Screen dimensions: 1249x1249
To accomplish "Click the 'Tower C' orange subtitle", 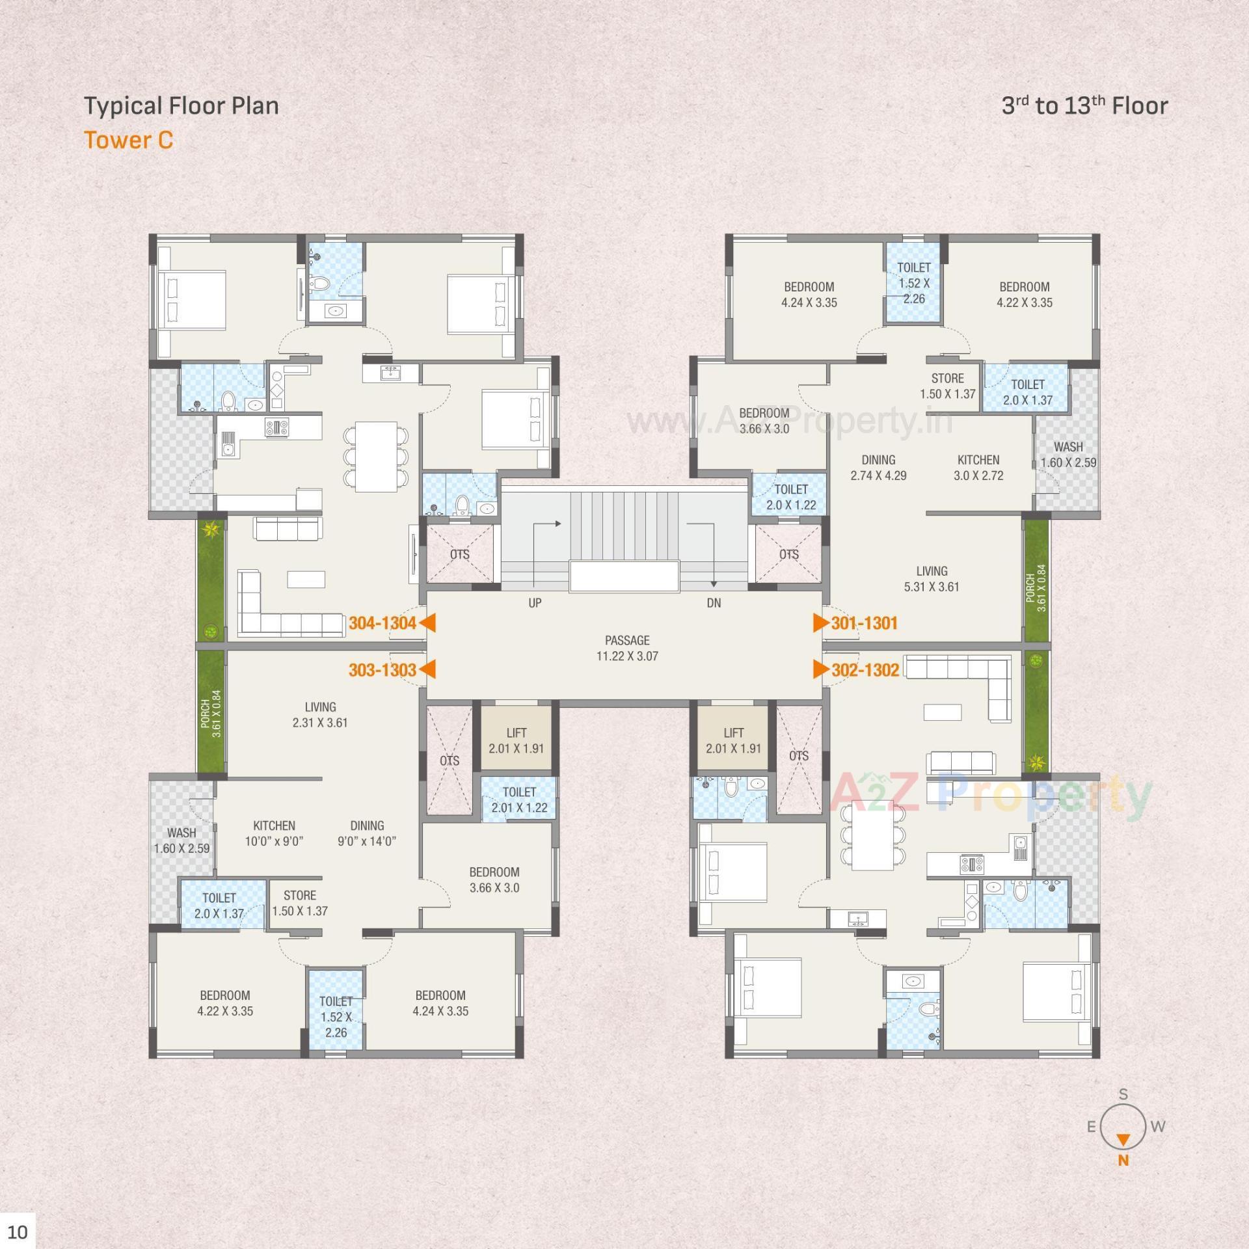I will (x=129, y=140).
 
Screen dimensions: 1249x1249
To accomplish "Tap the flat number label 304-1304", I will (x=382, y=623).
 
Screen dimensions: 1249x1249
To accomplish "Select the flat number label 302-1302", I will (x=865, y=670).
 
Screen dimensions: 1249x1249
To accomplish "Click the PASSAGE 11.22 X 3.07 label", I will (x=627, y=648).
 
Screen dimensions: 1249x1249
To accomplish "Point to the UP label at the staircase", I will (x=535, y=603).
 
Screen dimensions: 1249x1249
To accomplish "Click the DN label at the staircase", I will (x=714, y=603).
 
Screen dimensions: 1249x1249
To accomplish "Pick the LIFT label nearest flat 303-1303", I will (x=516, y=740).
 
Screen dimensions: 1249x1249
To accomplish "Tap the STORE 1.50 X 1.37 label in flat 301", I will (x=947, y=386).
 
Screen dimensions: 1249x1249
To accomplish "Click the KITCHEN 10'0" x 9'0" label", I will (x=274, y=833).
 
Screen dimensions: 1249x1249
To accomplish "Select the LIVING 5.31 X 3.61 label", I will (x=932, y=578).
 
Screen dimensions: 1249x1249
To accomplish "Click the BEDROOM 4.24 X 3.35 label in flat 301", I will (x=809, y=294).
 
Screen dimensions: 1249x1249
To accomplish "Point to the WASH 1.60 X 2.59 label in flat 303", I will (x=181, y=840).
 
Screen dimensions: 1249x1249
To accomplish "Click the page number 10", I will (x=18, y=1232).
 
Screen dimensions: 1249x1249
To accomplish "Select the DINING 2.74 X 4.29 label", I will (x=878, y=467).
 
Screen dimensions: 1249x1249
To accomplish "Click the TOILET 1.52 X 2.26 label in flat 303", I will (x=336, y=1016).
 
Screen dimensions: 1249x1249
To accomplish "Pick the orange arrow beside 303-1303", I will (x=427, y=670).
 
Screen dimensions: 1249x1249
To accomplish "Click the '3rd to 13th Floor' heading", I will (x=1084, y=105).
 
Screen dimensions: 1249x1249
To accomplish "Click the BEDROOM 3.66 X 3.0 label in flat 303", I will (x=494, y=880).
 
